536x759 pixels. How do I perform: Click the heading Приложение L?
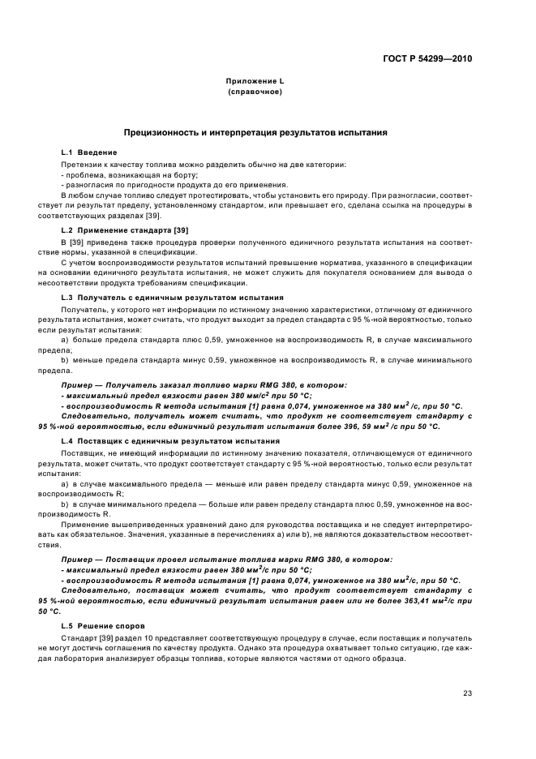[x=255, y=82]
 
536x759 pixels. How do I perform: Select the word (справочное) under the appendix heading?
[x=255, y=92]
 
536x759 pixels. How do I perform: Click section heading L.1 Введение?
[x=89, y=152]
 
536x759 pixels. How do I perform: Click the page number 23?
[x=468, y=693]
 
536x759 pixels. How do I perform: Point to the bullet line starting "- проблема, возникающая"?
[x=130, y=174]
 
